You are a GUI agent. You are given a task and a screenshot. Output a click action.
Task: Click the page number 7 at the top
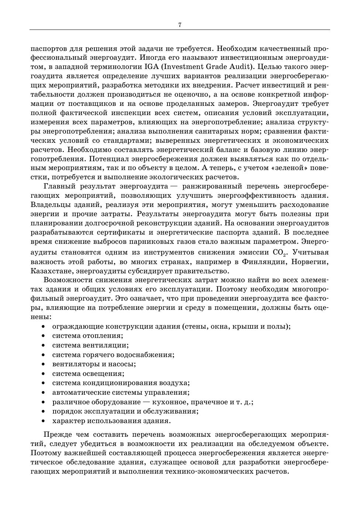click(180, 25)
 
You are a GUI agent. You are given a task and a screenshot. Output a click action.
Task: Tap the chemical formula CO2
click(279, 253)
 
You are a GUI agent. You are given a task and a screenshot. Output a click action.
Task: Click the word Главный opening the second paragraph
click(59, 187)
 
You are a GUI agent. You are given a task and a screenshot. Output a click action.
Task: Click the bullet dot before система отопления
click(44, 336)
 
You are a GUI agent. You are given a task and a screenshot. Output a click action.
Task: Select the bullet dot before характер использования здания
click(44, 421)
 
